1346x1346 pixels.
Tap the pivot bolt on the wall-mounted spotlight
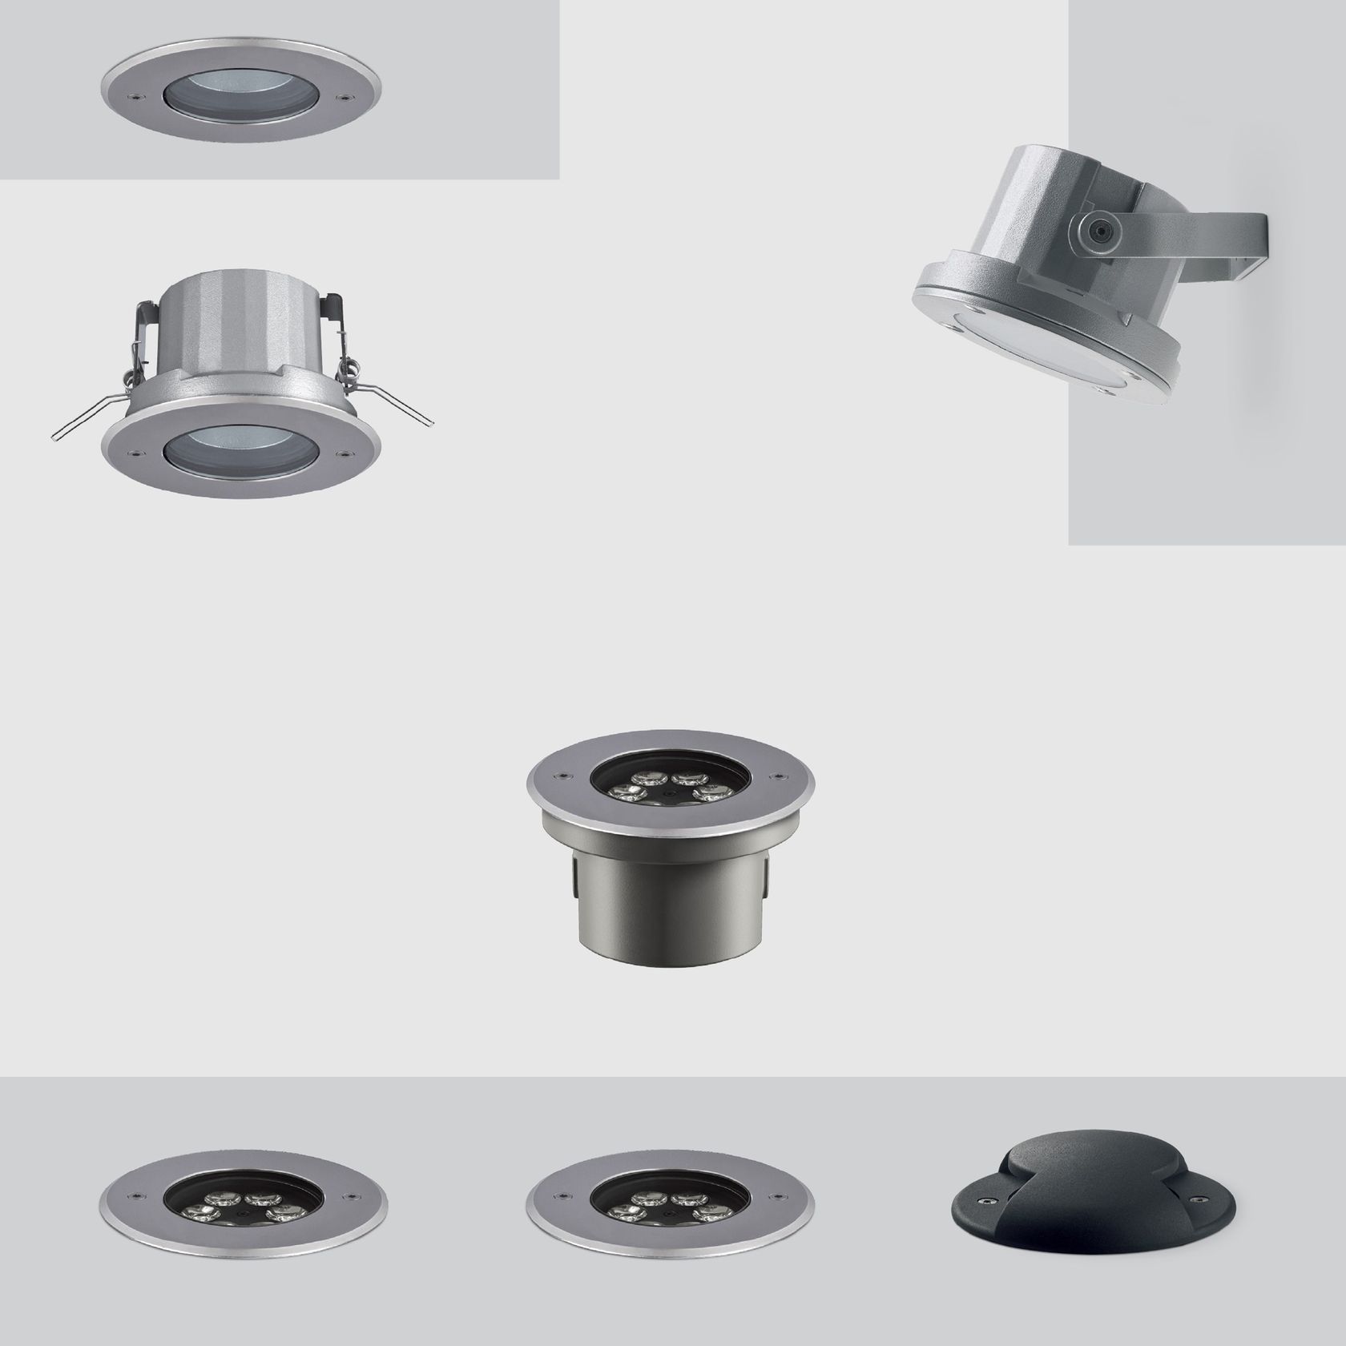(x=1098, y=232)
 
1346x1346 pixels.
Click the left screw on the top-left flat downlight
(x=141, y=96)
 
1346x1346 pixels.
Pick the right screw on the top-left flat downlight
(x=346, y=96)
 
